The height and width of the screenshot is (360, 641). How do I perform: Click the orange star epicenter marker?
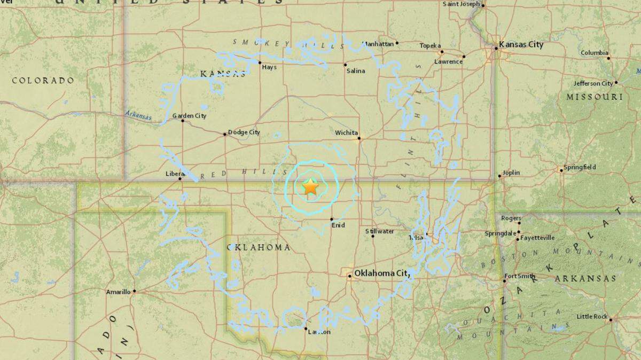[x=310, y=187]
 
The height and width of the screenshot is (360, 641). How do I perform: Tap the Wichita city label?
[x=346, y=132]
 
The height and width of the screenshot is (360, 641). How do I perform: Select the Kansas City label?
[x=521, y=45]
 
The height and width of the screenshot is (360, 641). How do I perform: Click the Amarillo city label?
[x=118, y=292]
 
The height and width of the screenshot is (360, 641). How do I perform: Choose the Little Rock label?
[x=592, y=316]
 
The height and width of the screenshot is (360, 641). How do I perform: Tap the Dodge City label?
[x=244, y=132]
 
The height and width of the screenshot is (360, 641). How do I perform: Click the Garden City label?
[x=189, y=116]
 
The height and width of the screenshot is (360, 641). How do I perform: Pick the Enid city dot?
[x=332, y=219]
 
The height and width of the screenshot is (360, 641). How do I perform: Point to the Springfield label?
[x=581, y=167]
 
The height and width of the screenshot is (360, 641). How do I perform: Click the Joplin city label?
[x=511, y=173]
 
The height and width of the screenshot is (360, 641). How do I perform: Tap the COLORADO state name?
[x=43, y=81]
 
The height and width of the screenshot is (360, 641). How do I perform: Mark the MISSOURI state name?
[x=595, y=97]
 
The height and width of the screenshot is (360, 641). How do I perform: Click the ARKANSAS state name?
[x=585, y=279]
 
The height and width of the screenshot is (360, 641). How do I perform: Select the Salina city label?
[x=355, y=71]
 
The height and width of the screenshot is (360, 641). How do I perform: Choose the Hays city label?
[x=269, y=67]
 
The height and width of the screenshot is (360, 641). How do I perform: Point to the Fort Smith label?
[x=518, y=276]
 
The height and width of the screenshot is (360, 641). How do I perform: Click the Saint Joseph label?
[x=462, y=4]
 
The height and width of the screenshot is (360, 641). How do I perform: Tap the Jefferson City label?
[x=593, y=83]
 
